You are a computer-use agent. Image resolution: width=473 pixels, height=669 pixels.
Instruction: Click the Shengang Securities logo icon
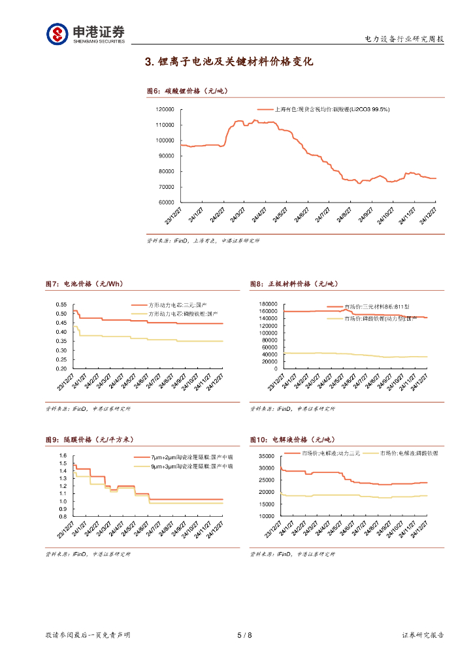click(x=57, y=33)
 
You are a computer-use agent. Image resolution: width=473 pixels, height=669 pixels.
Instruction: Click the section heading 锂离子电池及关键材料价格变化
click(x=229, y=62)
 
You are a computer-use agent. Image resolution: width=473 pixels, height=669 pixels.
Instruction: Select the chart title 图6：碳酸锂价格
click(x=187, y=91)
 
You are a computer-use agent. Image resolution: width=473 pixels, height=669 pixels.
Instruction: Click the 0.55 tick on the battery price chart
click(x=61, y=304)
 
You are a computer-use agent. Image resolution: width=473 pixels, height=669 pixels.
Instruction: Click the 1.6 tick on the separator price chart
click(x=63, y=456)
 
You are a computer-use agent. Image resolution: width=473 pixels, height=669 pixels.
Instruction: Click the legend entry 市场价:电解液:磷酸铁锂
click(x=410, y=453)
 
